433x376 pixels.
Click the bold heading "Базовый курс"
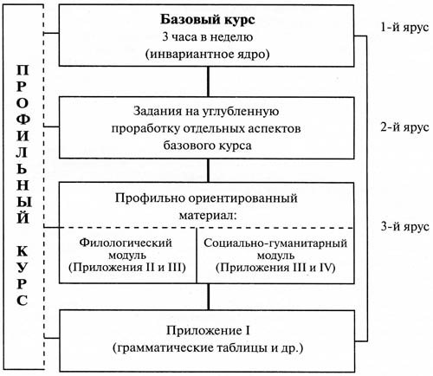208,20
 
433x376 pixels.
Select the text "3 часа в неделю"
208,37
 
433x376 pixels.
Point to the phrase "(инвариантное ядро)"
207,55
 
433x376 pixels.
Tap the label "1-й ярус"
404,28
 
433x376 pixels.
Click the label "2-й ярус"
404,127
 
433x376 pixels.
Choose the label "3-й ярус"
404,226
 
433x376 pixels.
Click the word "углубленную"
240,112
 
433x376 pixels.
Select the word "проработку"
145,129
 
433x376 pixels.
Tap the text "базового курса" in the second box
207,146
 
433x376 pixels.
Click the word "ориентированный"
243,198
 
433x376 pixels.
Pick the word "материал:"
208,216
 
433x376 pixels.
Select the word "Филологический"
126,243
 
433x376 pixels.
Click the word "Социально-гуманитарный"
275,243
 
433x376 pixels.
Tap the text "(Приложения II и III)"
127,267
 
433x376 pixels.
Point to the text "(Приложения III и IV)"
275,268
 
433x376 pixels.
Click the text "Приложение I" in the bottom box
208,331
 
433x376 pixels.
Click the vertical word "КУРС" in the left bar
22,276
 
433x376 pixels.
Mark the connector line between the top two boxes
208,81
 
